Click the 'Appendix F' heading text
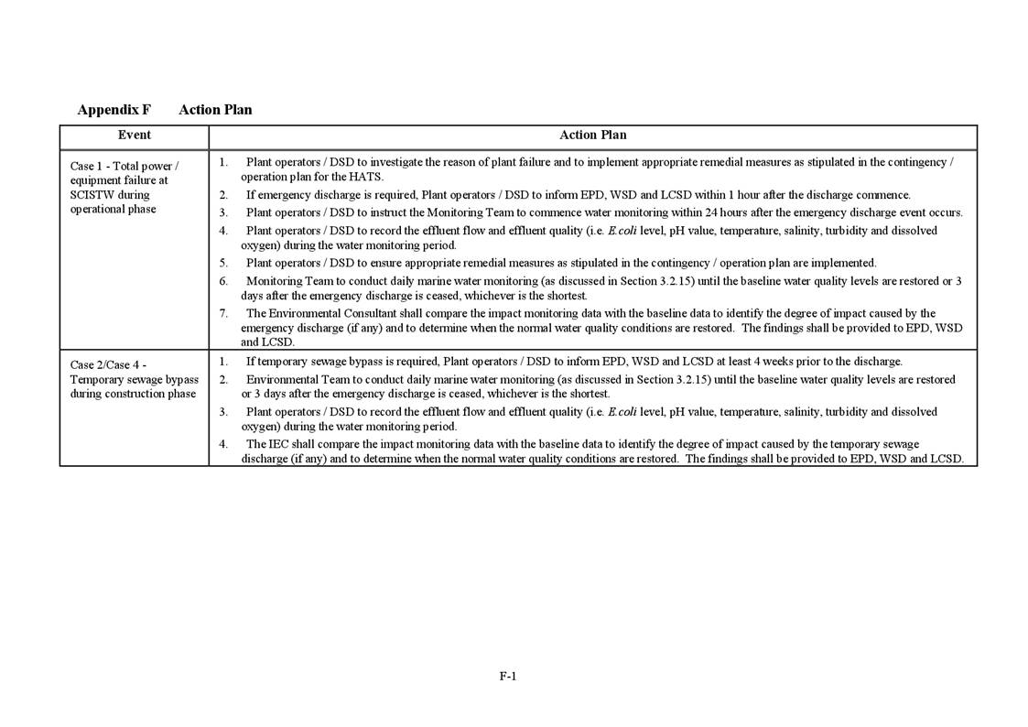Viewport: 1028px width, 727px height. coord(114,110)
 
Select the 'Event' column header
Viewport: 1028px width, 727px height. coord(135,136)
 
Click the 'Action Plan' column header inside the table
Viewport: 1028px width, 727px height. coord(592,136)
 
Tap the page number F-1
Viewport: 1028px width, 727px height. coord(508,677)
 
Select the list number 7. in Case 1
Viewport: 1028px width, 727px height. coord(223,313)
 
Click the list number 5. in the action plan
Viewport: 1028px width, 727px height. coord(223,263)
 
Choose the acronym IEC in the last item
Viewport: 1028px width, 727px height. coord(281,444)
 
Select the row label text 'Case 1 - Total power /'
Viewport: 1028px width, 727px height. coord(124,167)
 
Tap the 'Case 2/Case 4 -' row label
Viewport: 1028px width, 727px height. coord(108,365)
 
